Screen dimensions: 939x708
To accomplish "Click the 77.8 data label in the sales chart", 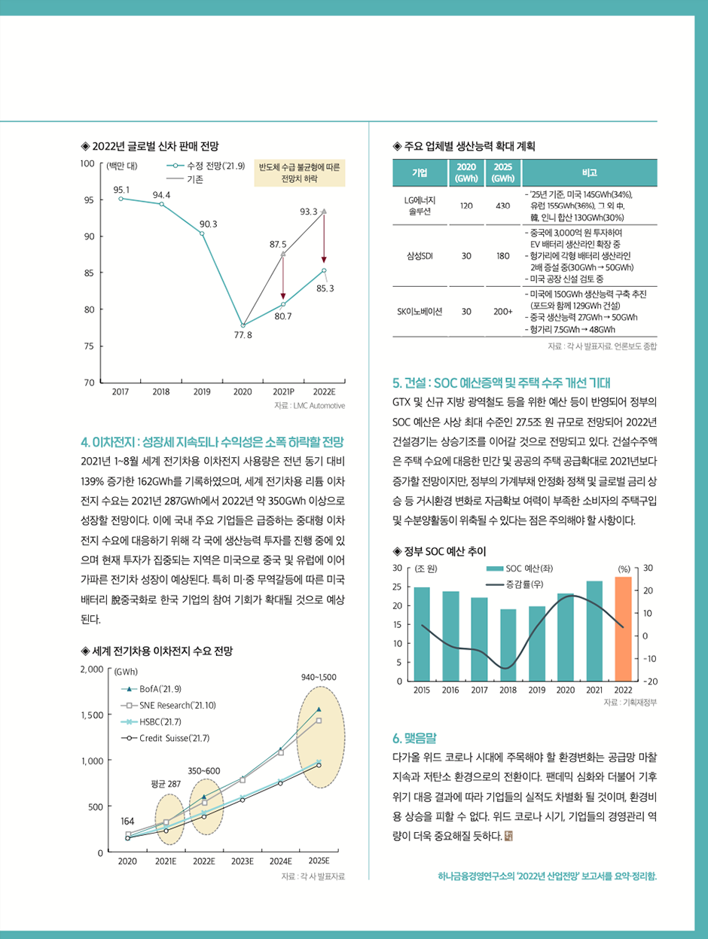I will [x=243, y=334].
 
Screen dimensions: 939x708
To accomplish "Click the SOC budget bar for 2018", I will [x=508, y=645].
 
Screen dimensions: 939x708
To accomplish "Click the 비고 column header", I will [x=590, y=172].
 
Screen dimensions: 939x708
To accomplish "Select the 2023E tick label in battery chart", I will [x=242, y=860].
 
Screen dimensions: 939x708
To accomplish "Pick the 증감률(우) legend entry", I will [x=525, y=584].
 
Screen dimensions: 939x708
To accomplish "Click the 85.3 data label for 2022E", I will [x=325, y=288].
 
